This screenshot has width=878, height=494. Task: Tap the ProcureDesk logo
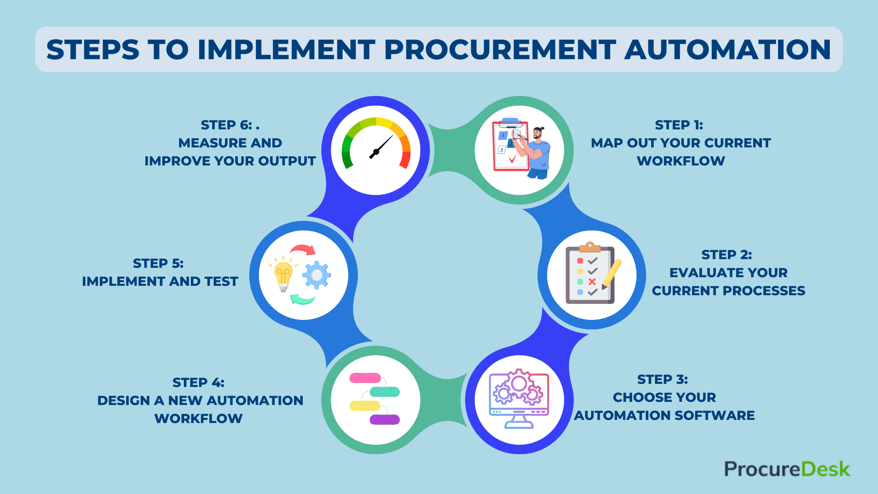point(787,469)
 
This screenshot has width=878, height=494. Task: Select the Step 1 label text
point(679,125)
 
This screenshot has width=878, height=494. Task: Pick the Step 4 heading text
point(198,382)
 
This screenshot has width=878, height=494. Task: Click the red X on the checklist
point(592,282)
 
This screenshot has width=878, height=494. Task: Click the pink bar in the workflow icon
point(365,378)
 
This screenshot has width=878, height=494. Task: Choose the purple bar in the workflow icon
point(385,420)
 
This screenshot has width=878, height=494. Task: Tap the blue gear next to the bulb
point(316,275)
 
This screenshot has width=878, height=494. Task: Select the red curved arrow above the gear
point(303,249)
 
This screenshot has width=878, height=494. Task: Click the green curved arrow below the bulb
point(303,300)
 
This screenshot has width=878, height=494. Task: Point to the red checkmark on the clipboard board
point(512,159)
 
